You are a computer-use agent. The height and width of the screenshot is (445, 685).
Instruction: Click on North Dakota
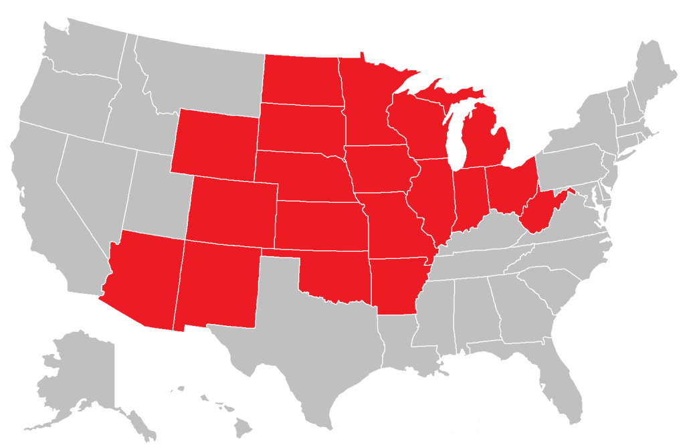300,80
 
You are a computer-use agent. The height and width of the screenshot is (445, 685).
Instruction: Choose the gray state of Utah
158,194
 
